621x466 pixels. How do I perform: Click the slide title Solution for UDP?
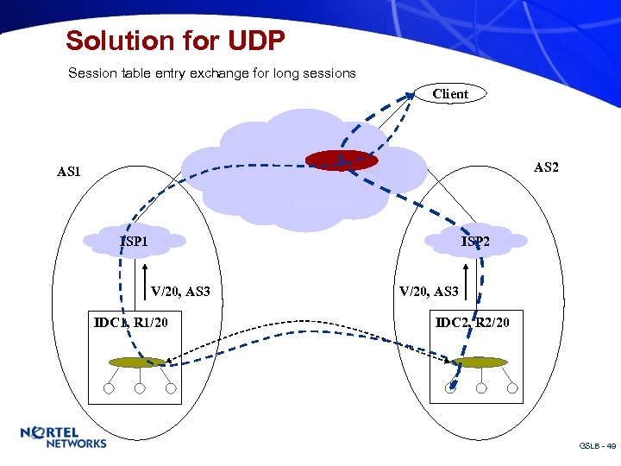175,41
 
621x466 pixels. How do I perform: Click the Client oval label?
450,94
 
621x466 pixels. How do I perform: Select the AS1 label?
69,172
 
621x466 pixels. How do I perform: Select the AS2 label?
546,167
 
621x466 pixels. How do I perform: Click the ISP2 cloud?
476,241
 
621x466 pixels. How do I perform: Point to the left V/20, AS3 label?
180,292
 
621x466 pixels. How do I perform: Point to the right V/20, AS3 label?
429,292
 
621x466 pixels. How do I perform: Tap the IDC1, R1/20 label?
131,323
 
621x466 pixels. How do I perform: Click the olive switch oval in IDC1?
136,362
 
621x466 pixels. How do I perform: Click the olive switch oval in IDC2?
479,362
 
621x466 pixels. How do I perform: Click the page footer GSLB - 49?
597,446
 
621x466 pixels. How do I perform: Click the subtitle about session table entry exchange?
212,73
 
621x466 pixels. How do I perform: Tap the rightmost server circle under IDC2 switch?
512,388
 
